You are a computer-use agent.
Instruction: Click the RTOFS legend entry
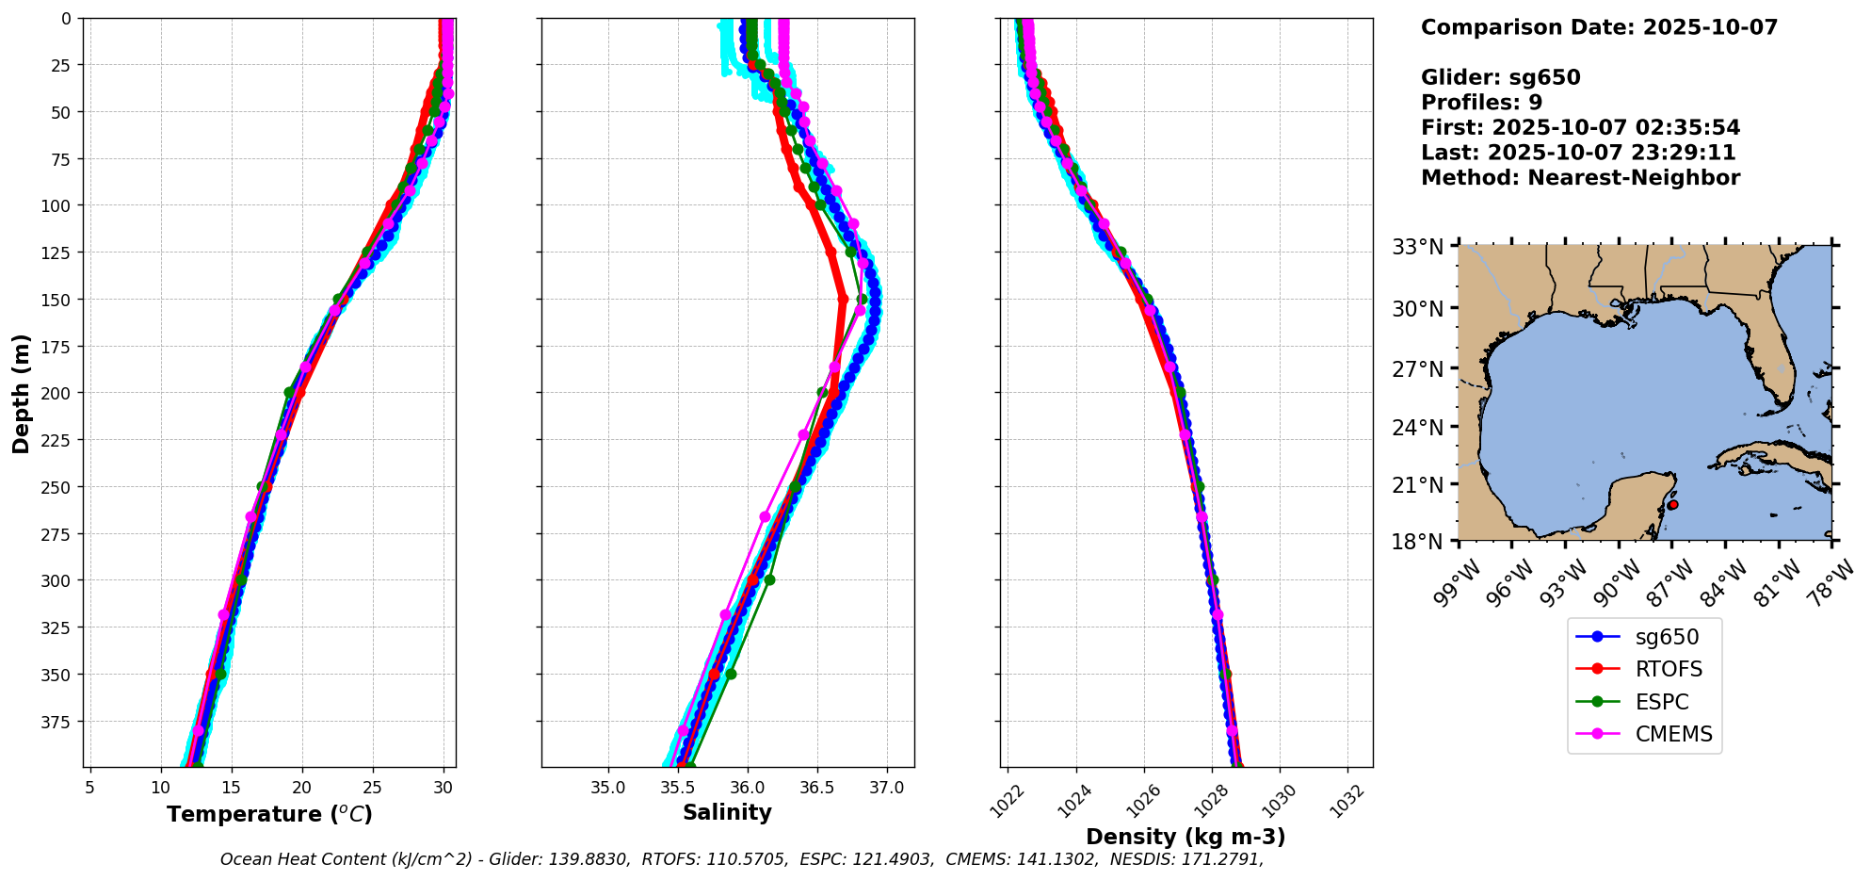(1668, 669)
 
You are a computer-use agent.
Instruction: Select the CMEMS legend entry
(1673, 734)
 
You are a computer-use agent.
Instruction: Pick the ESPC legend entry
(1661, 702)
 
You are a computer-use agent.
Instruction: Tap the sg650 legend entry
(1667, 636)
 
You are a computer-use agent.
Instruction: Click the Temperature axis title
(269, 814)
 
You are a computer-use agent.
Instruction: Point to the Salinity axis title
(727, 812)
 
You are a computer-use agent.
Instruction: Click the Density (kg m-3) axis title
(1186, 837)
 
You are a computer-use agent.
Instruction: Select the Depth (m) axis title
(21, 393)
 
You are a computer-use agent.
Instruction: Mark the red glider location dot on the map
(1672, 505)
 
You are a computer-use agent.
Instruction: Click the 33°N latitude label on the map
(1417, 247)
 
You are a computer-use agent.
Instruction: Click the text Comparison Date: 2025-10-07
(1599, 27)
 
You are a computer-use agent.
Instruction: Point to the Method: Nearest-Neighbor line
(1580, 178)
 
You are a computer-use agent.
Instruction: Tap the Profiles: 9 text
(1481, 103)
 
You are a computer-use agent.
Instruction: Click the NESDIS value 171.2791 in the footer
(1226, 859)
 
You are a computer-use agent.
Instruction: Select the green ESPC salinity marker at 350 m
(731, 674)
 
